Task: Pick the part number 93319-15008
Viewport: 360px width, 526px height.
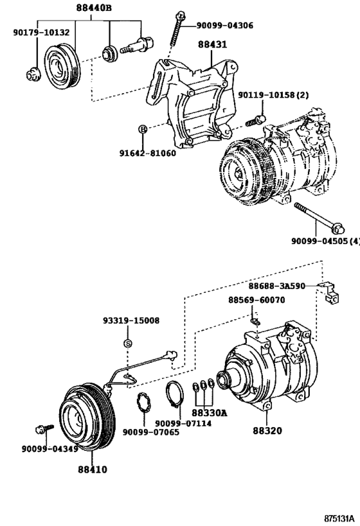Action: coord(130,320)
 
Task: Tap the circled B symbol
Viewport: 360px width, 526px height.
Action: coord(142,130)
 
